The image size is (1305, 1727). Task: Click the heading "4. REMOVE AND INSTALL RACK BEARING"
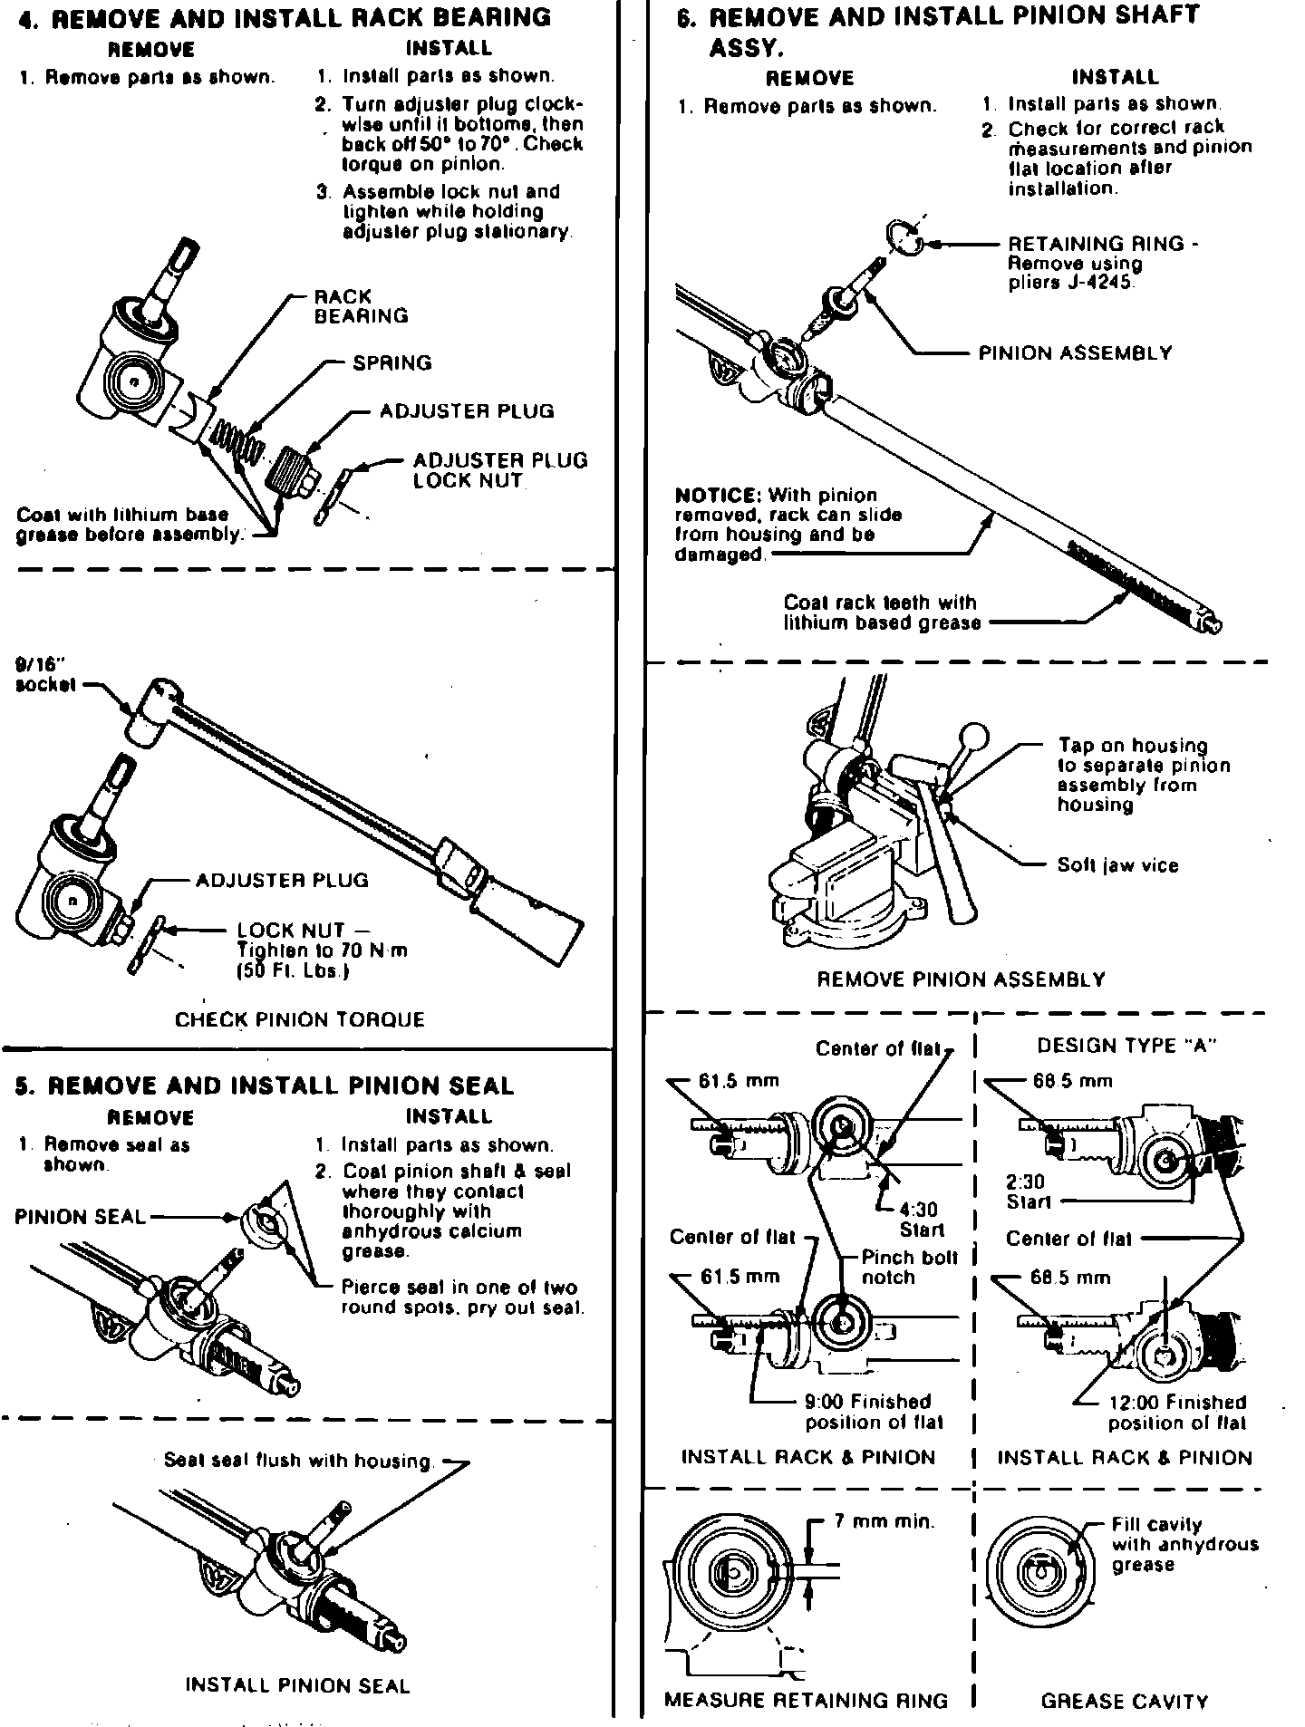click(285, 17)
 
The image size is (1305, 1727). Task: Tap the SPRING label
click(391, 363)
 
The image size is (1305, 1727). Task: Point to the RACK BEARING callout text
click(361, 306)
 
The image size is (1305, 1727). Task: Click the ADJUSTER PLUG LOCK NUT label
click(500, 470)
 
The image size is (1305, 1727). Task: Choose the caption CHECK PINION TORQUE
click(300, 1019)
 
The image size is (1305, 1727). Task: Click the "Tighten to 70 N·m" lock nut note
click(322, 950)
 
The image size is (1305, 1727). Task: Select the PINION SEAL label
click(80, 1217)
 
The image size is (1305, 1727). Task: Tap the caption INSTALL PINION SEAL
click(297, 1685)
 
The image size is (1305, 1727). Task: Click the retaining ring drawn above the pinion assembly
click(903, 238)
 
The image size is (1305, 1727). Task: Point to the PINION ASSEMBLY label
click(1075, 353)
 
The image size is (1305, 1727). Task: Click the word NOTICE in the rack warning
click(718, 496)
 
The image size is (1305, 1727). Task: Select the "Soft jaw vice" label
click(1117, 865)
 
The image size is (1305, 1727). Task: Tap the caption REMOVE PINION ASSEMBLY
click(961, 979)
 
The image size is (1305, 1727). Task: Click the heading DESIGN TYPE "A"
click(1126, 1046)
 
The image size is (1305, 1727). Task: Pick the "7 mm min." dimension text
click(884, 1521)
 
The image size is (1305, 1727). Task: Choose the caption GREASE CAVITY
click(1124, 1701)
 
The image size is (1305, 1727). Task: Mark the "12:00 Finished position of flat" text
click(1176, 1413)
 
